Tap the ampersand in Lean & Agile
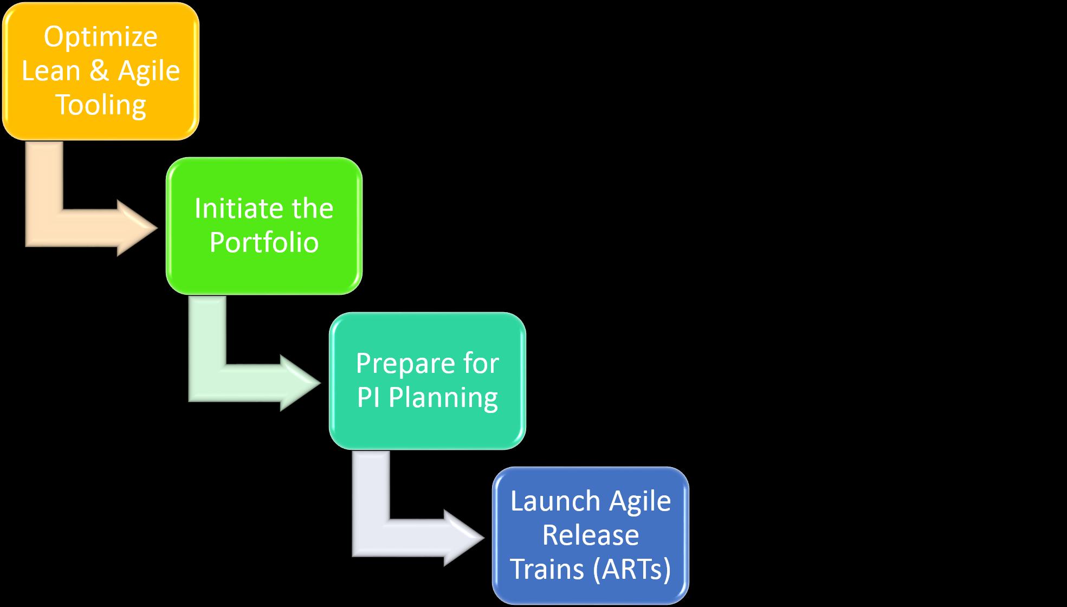pyautogui.click(x=99, y=71)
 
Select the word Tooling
pyautogui.click(x=101, y=105)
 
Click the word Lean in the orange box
pyautogui.click(x=51, y=71)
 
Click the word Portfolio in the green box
pyautogui.click(x=264, y=242)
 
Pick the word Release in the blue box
pyautogui.click(x=590, y=535)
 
